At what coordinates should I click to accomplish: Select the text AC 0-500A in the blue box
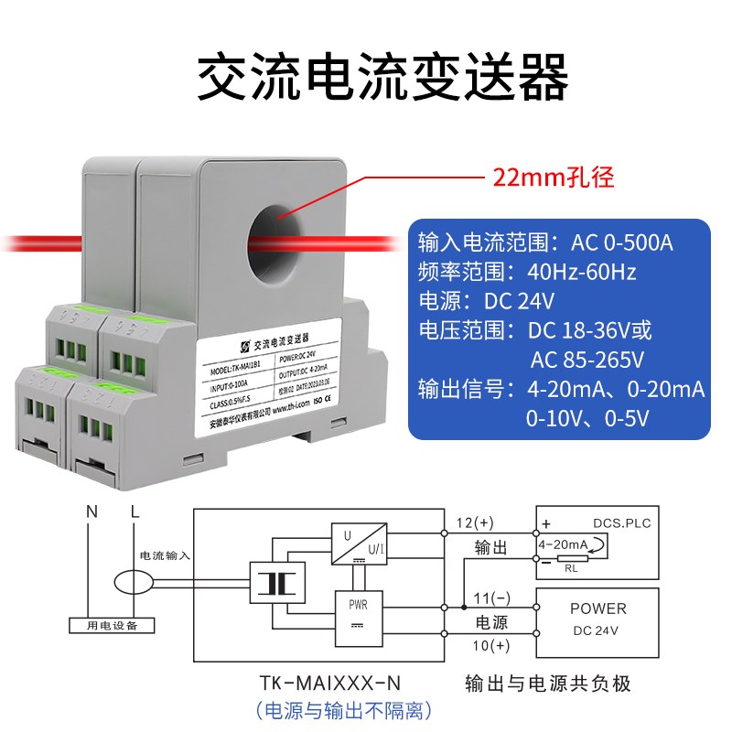622,243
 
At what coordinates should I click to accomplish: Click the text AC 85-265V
587,359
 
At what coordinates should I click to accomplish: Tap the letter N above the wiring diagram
91,512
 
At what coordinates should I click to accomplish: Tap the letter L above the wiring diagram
135,512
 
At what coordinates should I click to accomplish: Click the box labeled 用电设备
113,625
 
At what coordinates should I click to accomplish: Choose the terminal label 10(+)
488,646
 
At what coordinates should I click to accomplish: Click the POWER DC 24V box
597,620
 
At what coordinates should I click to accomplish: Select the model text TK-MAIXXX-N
330,683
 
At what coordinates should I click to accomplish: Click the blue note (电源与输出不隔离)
343,711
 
